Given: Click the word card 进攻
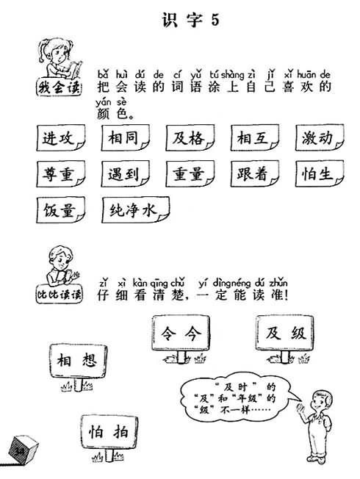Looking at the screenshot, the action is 60,138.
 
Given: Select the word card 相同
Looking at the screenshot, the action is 126,138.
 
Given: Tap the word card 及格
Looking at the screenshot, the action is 190,138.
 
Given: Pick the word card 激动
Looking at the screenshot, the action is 320,137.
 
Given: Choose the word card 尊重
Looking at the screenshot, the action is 60,174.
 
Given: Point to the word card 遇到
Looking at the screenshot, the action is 126,174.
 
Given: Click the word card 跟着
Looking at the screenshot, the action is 255,173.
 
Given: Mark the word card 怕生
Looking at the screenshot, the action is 320,173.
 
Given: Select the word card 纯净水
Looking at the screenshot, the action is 135,210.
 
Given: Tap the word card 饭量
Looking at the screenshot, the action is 60,210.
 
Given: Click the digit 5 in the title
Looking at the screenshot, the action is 215,20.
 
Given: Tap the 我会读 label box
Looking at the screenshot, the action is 60,87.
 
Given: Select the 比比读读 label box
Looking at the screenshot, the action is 60,295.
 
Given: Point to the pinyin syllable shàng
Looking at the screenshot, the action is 232,74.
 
